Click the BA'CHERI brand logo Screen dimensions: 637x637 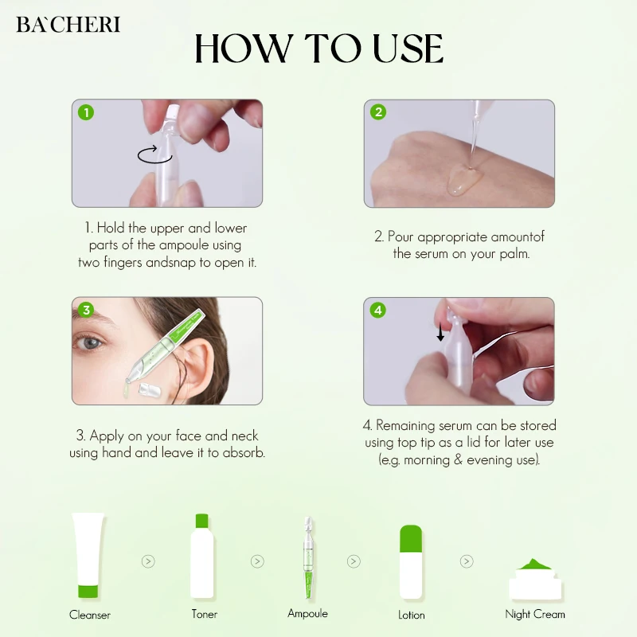tap(68, 25)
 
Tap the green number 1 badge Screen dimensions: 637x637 tap(86, 112)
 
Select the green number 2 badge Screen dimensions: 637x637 tap(378, 111)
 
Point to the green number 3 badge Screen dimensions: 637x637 tap(86, 310)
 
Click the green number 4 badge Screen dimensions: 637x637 tap(377, 310)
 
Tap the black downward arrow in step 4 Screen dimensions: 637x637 tap(440, 332)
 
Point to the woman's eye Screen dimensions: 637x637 tap(90, 343)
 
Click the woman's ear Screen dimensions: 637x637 tap(197, 365)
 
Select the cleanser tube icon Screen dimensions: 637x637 tap(88, 555)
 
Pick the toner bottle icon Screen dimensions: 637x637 tap(202, 556)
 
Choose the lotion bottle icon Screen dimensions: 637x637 tap(411, 562)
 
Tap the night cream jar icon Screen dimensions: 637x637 tap(535, 579)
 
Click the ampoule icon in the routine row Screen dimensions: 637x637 tap(308, 558)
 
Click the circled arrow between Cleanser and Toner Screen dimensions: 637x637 tap(148, 561)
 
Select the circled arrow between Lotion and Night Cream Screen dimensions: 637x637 tap(467, 561)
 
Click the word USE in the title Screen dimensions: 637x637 tap(408, 49)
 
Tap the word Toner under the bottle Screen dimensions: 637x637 tap(205, 614)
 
